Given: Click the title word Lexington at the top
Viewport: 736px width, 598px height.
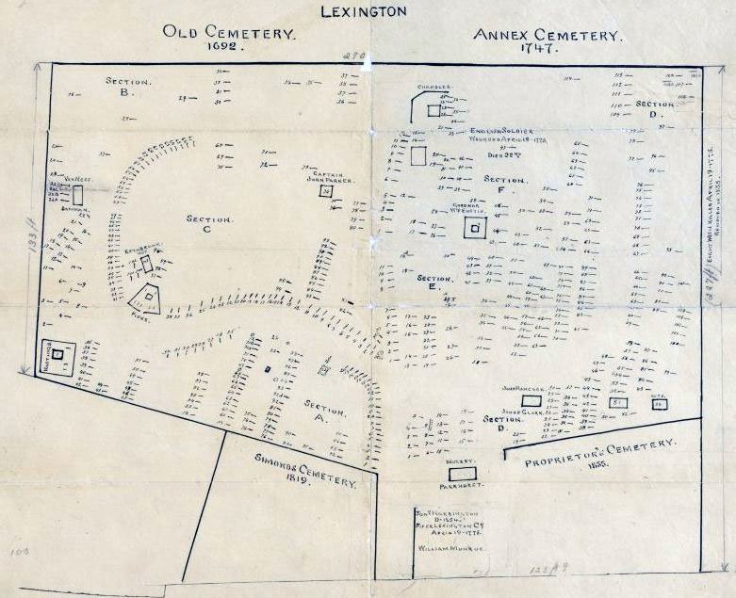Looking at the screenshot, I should (x=364, y=12).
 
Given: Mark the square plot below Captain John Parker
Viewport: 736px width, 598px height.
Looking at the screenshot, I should (x=326, y=192).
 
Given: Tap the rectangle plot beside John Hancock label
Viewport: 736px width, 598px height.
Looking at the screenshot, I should (x=531, y=400).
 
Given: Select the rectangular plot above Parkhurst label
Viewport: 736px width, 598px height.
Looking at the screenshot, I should (x=463, y=474).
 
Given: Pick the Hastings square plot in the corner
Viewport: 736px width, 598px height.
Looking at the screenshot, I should (x=57, y=354).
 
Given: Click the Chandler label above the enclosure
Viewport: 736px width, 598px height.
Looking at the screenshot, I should (x=435, y=87).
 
